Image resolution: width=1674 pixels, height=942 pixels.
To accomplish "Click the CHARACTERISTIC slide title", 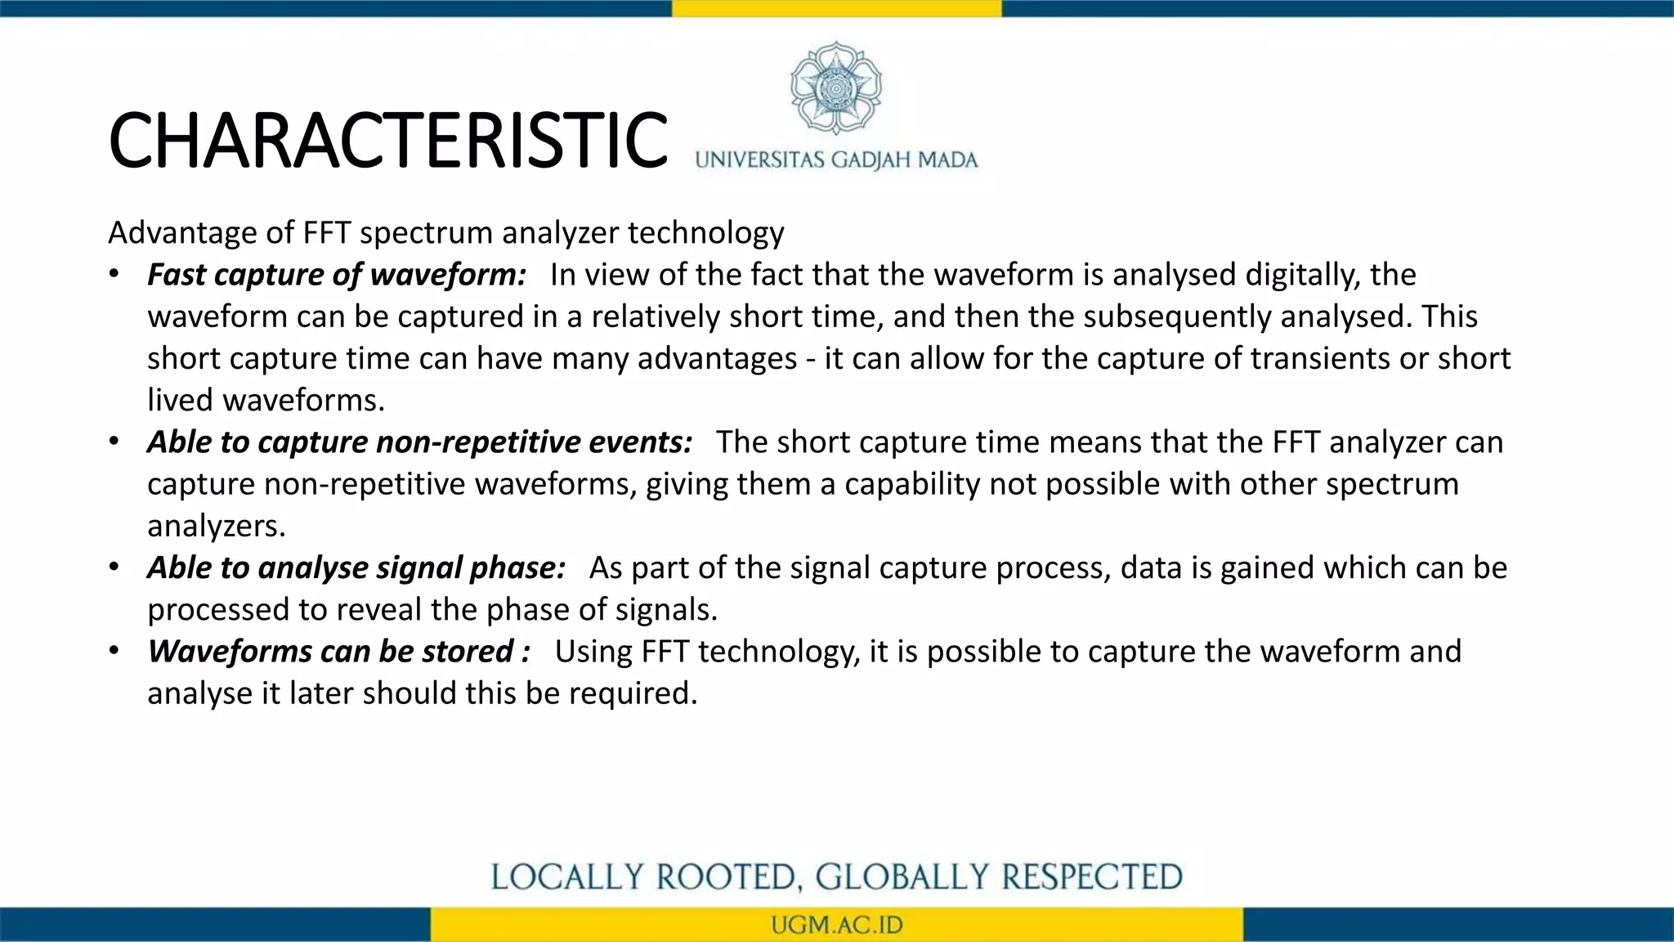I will pyautogui.click(x=387, y=141).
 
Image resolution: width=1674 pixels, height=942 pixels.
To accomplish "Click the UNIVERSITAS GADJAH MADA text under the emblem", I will pyautogui.click(x=836, y=159).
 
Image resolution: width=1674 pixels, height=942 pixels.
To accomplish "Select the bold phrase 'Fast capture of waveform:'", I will pyautogui.click(x=337, y=275).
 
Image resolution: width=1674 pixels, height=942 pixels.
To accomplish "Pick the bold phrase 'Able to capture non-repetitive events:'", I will pyautogui.click(x=419, y=442).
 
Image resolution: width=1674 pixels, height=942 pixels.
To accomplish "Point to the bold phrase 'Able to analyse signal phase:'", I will pyautogui.click(x=356, y=567).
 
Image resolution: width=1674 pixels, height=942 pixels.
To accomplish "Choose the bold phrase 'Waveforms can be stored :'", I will pyautogui.click(x=338, y=652).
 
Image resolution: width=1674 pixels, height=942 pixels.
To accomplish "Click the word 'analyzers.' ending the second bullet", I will pyautogui.click(x=217, y=526).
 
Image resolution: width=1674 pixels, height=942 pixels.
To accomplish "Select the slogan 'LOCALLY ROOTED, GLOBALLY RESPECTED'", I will pyautogui.click(x=836, y=877).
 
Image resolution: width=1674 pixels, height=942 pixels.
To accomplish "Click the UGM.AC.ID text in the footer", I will pyautogui.click(x=836, y=926).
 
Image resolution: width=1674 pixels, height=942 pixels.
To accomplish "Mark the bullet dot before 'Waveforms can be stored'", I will pyautogui.click(x=114, y=651).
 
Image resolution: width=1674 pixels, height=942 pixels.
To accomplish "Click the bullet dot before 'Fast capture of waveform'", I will pyautogui.click(x=114, y=274).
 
